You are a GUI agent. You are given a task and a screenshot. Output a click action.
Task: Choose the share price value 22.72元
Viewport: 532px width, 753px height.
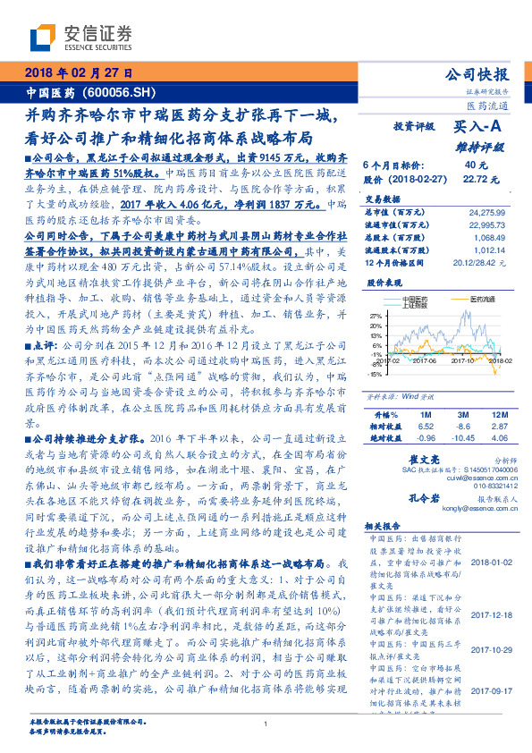point(476,179)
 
